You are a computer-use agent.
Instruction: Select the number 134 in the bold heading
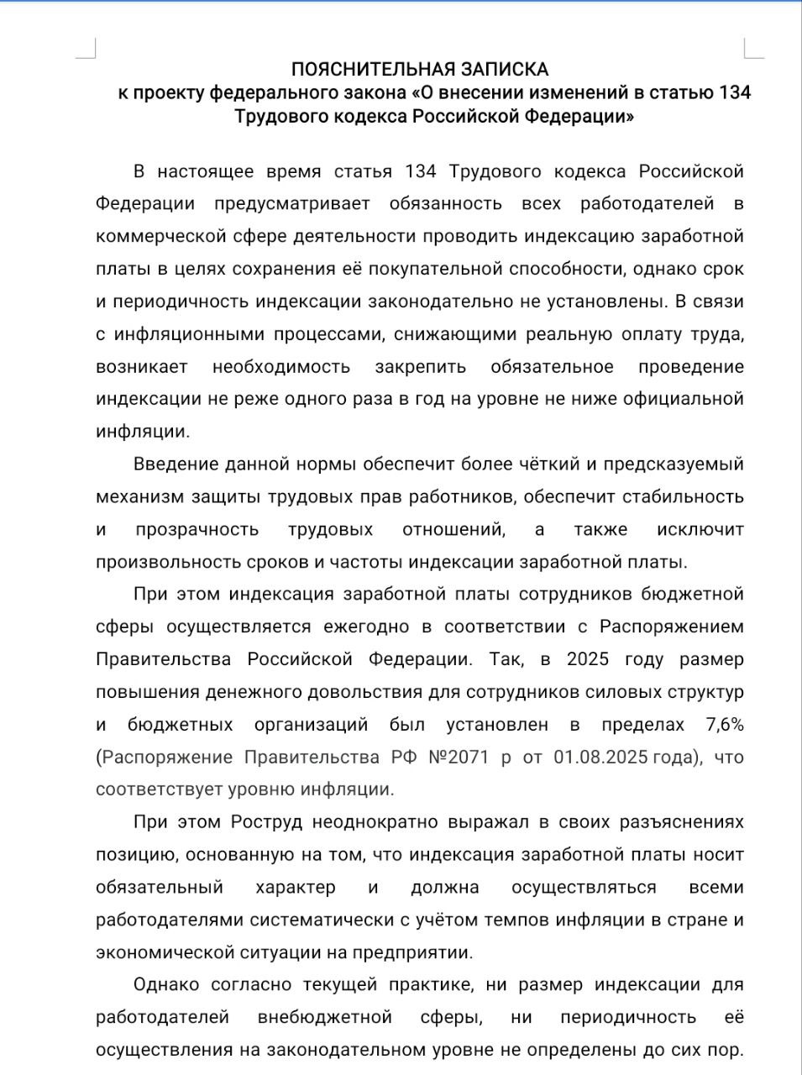tap(734, 92)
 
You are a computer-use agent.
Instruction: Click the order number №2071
tap(459, 758)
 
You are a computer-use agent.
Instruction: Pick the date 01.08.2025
tap(600, 758)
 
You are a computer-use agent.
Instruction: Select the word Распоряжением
tap(672, 627)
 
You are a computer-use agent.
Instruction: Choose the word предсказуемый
tap(671, 464)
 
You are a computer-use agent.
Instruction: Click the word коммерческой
tap(159, 236)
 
